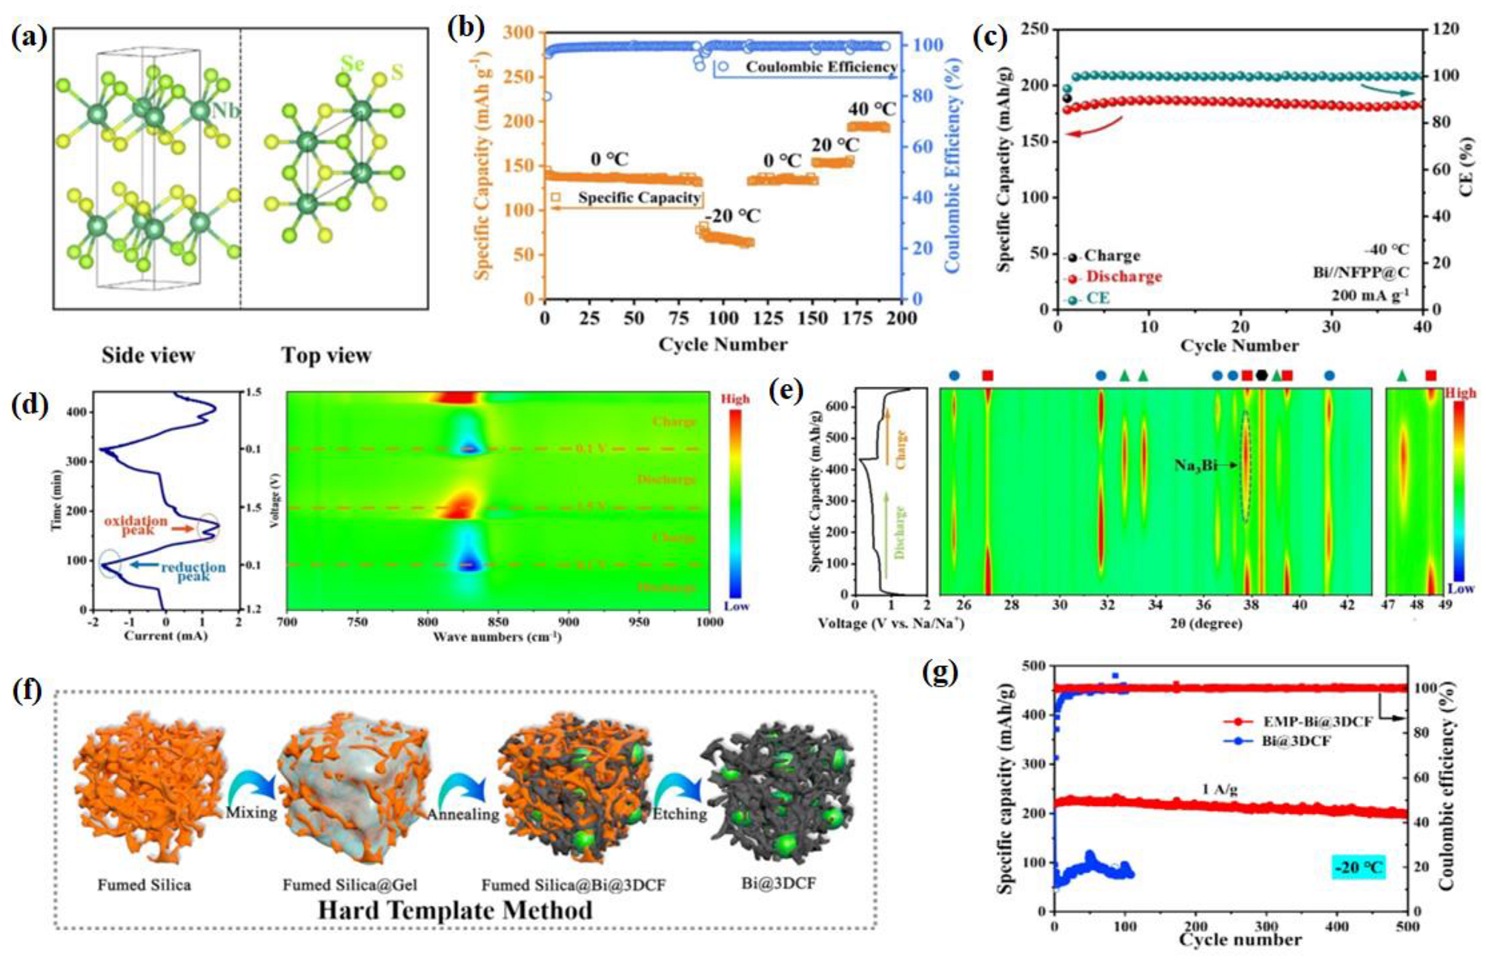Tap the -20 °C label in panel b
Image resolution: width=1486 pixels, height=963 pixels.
732,216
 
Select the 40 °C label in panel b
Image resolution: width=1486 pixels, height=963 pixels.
872,109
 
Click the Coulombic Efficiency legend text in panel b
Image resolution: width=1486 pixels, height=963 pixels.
821,67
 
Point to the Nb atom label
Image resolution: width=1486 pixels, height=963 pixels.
226,111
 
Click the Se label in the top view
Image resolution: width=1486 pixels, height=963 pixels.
353,64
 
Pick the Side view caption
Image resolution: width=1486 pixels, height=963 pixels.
148,355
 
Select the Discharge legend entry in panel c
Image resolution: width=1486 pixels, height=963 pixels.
1124,277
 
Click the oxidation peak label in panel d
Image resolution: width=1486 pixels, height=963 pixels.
136,525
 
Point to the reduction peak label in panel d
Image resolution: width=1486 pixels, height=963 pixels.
193,571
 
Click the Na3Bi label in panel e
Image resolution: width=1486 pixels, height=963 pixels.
1195,465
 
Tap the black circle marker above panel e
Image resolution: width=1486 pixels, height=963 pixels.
1261,376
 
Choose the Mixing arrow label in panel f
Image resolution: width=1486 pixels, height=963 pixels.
251,813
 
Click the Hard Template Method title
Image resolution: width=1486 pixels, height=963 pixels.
455,910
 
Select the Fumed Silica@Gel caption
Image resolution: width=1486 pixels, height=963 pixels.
350,884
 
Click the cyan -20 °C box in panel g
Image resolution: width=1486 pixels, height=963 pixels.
1358,867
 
